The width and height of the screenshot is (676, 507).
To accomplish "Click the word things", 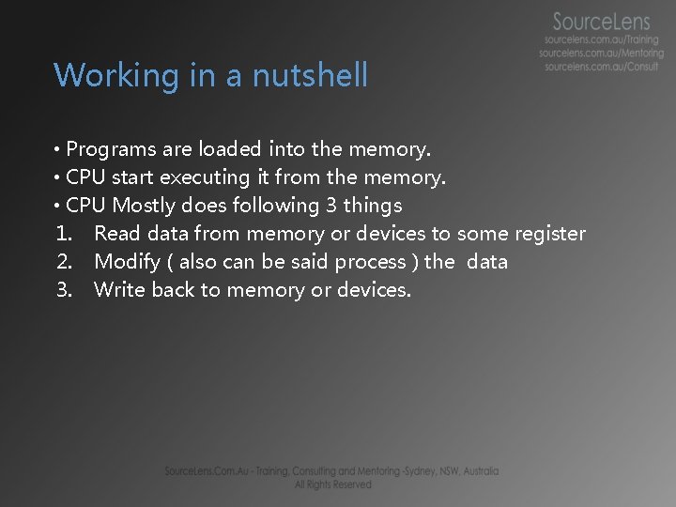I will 373,206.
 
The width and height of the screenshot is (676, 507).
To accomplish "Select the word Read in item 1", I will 115,233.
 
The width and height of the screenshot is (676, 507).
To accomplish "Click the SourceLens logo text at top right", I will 601,22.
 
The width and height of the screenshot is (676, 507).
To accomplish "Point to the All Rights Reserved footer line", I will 332,484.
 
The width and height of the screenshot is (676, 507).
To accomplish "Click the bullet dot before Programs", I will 57,149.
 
